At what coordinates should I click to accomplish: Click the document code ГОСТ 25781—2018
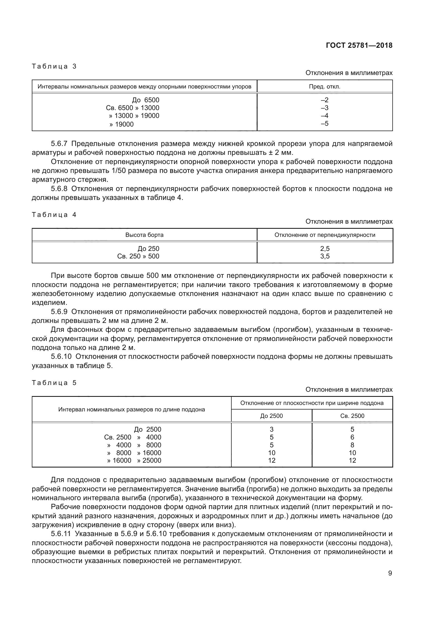[x=359, y=45]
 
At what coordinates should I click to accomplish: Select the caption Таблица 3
[x=54, y=66]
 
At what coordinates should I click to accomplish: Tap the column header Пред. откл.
[x=325, y=87]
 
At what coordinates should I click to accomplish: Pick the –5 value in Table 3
[x=325, y=123]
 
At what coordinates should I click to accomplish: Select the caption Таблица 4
[x=54, y=215]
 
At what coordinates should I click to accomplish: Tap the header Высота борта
[x=145, y=235]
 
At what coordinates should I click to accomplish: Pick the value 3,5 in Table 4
[x=325, y=256]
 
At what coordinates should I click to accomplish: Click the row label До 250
[x=148, y=249]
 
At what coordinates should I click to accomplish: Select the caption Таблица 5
[x=54, y=383]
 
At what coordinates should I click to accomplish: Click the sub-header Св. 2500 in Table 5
[x=352, y=416]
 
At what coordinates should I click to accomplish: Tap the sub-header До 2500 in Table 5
[x=271, y=416]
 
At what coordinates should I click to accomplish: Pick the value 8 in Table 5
[x=352, y=445]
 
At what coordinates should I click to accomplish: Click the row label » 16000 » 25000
[x=134, y=460]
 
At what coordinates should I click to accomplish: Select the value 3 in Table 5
[x=272, y=429]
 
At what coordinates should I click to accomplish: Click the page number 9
[x=390, y=573]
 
